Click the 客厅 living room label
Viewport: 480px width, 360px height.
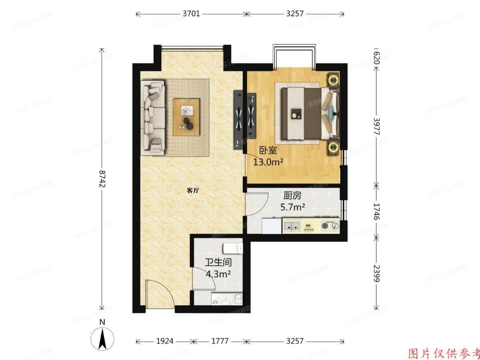[x=192, y=191]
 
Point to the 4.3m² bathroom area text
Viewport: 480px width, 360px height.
[x=218, y=274]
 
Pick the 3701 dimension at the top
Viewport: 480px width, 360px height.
[x=191, y=14]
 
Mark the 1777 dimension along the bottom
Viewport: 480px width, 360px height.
[x=220, y=341]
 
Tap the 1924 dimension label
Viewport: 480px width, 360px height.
[x=165, y=341]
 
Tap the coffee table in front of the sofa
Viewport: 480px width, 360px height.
[x=187, y=116]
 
